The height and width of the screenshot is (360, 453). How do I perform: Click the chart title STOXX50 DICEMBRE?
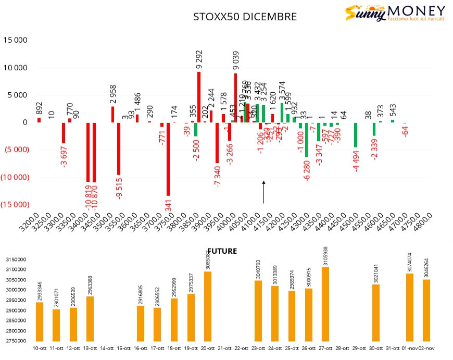coord(245,17)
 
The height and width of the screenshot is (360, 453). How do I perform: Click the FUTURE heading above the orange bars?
coord(222,251)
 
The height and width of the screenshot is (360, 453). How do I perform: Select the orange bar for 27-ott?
coord(325,304)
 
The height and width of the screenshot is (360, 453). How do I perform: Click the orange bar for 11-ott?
coord(56,325)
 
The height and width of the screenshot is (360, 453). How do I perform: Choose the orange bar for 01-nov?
coord(410,307)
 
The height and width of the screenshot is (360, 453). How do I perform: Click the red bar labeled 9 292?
coord(199,97)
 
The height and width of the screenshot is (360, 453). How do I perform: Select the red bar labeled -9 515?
coord(119,148)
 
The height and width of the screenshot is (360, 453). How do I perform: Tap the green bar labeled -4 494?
coord(356,135)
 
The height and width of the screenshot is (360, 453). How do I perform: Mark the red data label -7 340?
coord(217,175)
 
